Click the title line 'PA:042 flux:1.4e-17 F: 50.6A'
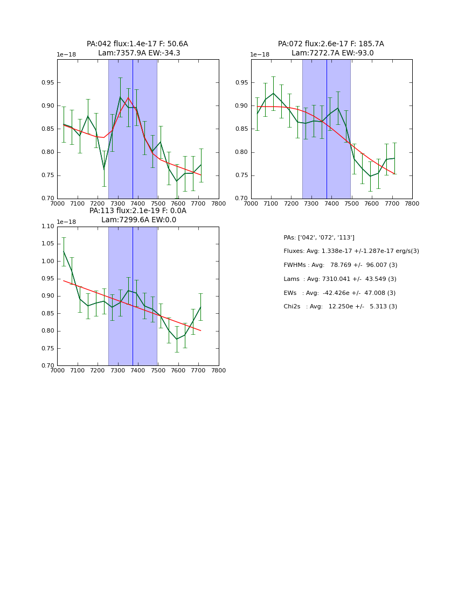(137, 44)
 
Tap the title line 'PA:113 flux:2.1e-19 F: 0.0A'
(138, 211)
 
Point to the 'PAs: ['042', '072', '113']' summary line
(319, 237)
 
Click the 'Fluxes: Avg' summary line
(351, 251)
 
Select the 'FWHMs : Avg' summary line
(341, 265)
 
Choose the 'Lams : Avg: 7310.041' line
(340, 279)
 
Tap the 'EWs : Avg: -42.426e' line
(339, 293)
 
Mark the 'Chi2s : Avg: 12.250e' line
(341, 307)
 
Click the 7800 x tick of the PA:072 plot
(412, 203)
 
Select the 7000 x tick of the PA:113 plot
(57, 370)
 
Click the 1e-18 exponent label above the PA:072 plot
(260, 55)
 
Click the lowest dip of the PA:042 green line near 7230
(104, 169)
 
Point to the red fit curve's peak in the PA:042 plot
(128, 97)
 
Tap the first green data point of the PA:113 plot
(64, 251)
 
